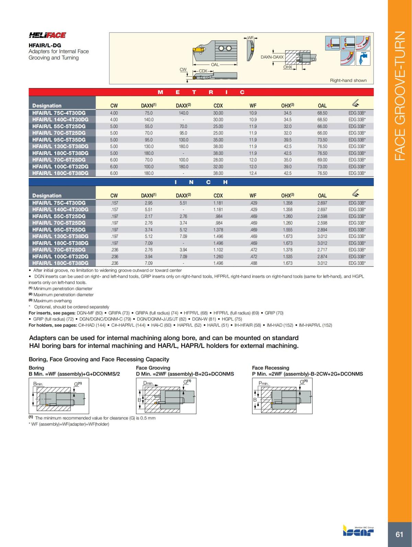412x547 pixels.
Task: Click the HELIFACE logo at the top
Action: (x=47, y=35)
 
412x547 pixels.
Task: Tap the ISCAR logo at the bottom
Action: (x=358, y=531)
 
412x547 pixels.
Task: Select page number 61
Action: (x=399, y=534)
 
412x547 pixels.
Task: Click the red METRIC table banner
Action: (x=201, y=92)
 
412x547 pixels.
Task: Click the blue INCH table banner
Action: (x=201, y=182)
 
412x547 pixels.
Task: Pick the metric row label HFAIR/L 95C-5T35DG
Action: (x=59, y=140)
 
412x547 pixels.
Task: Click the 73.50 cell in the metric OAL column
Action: (x=322, y=140)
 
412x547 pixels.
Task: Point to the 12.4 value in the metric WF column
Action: (x=253, y=173)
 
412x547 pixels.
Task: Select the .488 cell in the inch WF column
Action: (x=253, y=263)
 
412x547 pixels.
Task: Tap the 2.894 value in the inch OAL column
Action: (x=322, y=230)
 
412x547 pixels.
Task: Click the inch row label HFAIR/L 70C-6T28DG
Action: (x=59, y=250)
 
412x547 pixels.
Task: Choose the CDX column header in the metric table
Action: (x=218, y=106)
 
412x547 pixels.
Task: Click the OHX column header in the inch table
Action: (x=287, y=196)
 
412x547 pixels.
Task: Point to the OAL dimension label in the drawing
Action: (x=215, y=65)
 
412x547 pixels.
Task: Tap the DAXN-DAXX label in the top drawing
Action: (x=272, y=57)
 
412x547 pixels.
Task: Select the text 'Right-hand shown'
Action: (x=348, y=80)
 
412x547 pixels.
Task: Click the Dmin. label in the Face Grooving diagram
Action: (x=148, y=383)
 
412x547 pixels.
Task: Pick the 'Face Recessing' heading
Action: (x=271, y=368)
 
